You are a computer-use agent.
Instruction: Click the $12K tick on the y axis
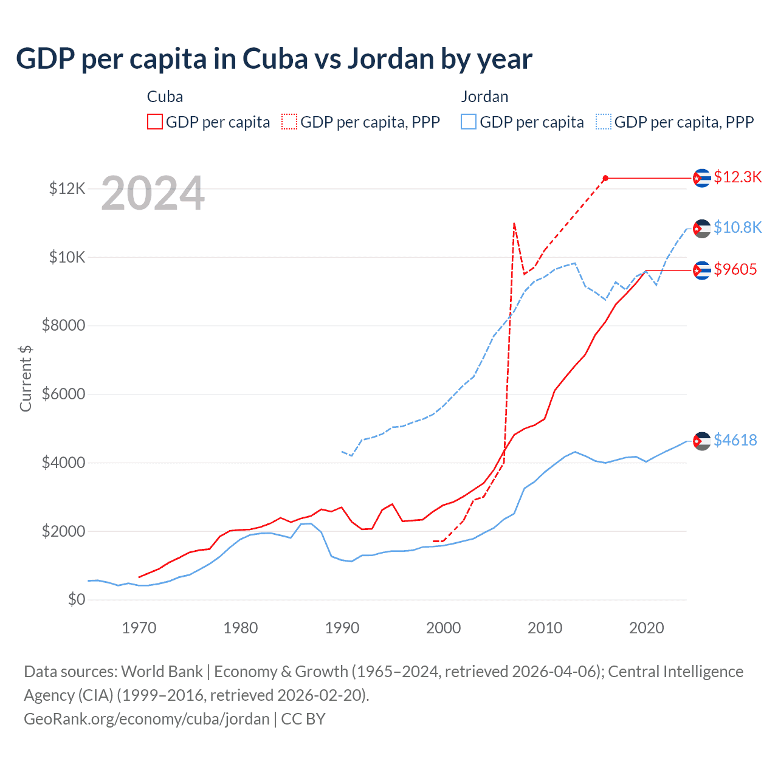[x=67, y=189]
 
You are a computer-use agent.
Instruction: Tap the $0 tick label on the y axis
[x=76, y=600]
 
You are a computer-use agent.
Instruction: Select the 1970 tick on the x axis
[x=139, y=628]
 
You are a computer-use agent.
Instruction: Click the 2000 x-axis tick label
[x=443, y=628]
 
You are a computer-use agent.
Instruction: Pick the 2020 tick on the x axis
[x=646, y=628]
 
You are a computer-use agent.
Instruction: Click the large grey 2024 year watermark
[x=153, y=194]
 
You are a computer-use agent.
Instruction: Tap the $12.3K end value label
[x=737, y=177]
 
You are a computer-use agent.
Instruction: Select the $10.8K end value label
[x=737, y=227]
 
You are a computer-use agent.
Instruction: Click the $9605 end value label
[x=735, y=269]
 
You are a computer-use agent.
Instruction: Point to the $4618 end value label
[x=735, y=440]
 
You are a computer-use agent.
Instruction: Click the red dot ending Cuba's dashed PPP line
[x=605, y=178]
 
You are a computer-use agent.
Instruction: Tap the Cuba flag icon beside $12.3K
[x=702, y=178]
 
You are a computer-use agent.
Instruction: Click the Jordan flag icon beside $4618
[x=702, y=441]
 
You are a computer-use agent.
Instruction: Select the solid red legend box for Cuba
[x=155, y=122]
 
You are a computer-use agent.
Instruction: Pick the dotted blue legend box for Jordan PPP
[x=604, y=122]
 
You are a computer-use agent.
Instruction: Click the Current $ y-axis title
[x=26, y=378]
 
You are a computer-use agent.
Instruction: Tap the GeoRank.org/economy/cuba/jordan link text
[x=146, y=719]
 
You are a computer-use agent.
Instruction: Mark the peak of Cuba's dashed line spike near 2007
[x=514, y=224]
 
